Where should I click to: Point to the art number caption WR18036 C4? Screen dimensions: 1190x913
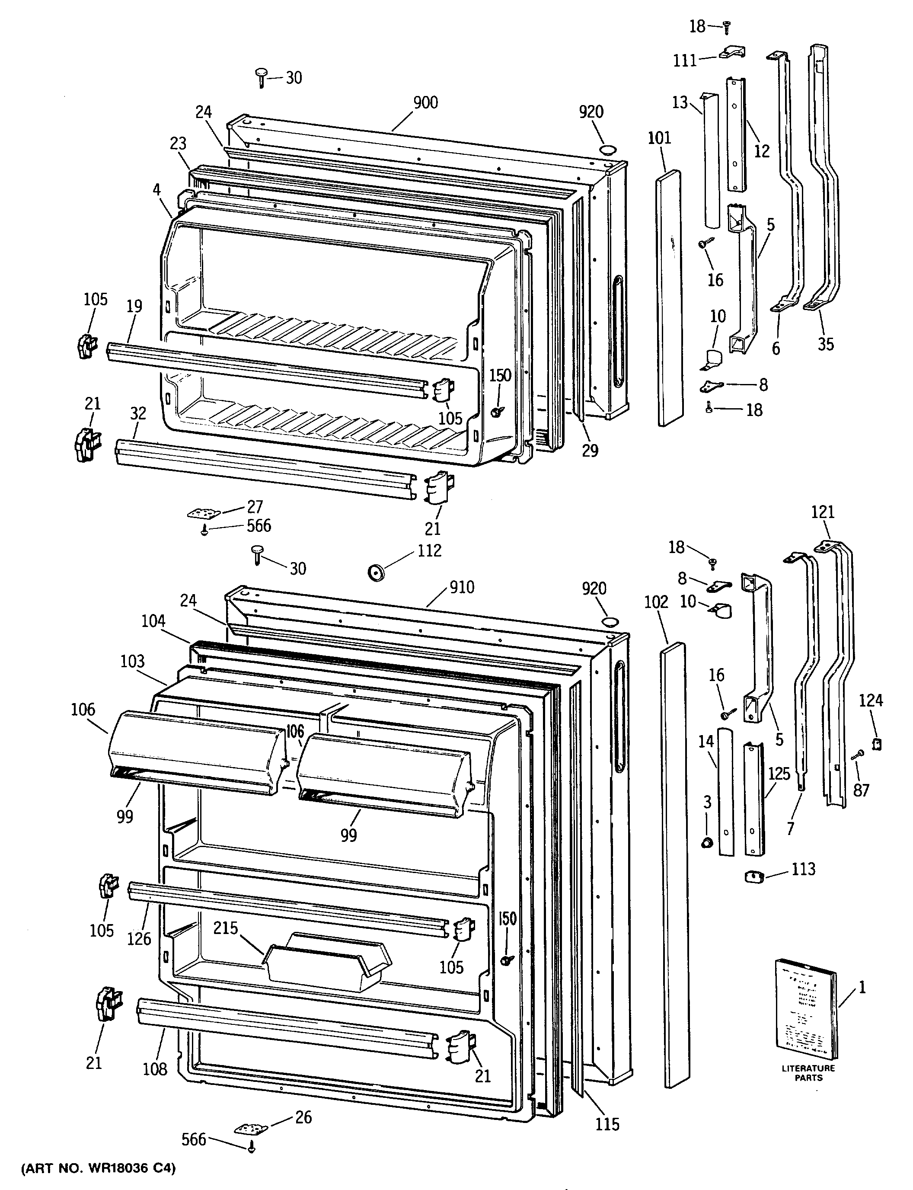click(x=99, y=1168)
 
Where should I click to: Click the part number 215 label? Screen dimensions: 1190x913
click(x=226, y=928)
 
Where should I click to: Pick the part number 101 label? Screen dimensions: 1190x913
click(x=659, y=138)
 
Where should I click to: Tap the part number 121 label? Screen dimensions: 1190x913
click(x=822, y=512)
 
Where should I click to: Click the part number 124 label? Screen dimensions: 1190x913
click(x=871, y=701)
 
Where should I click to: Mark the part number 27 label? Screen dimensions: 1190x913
click(x=255, y=507)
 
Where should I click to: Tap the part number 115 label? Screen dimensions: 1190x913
click(x=607, y=1124)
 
